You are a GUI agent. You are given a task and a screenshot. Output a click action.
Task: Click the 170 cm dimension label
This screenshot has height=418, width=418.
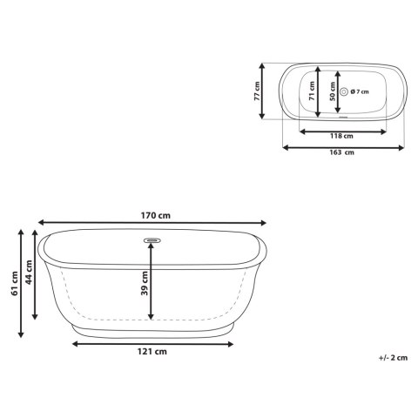(156, 216)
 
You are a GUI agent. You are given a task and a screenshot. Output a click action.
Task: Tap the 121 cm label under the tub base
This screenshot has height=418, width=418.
(152, 352)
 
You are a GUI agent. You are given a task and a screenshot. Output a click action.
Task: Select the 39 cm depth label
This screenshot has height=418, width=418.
(145, 283)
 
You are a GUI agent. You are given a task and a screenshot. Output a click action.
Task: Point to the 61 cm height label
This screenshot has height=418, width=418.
(15, 283)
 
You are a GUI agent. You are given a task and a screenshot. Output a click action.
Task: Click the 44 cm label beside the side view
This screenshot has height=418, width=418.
(29, 273)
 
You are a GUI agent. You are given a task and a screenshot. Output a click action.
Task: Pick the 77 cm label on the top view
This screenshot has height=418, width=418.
(257, 91)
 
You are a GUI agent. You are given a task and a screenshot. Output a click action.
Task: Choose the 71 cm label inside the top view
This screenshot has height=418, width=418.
(312, 91)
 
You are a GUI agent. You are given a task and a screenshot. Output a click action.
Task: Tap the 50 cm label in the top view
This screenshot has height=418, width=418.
(333, 91)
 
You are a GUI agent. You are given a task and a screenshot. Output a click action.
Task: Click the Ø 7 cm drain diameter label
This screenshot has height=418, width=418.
(360, 91)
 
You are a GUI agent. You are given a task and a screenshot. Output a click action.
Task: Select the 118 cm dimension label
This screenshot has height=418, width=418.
(341, 136)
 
